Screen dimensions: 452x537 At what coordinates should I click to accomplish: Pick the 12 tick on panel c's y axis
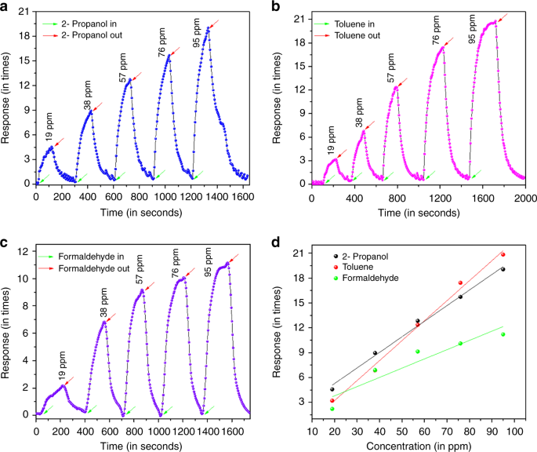[x=24, y=251]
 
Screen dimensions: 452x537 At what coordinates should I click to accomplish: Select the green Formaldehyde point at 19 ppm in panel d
[x=332, y=408]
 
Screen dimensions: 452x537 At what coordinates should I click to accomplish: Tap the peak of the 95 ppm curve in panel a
[x=208, y=28]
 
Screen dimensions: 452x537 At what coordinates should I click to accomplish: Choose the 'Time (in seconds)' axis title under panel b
[x=415, y=212]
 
